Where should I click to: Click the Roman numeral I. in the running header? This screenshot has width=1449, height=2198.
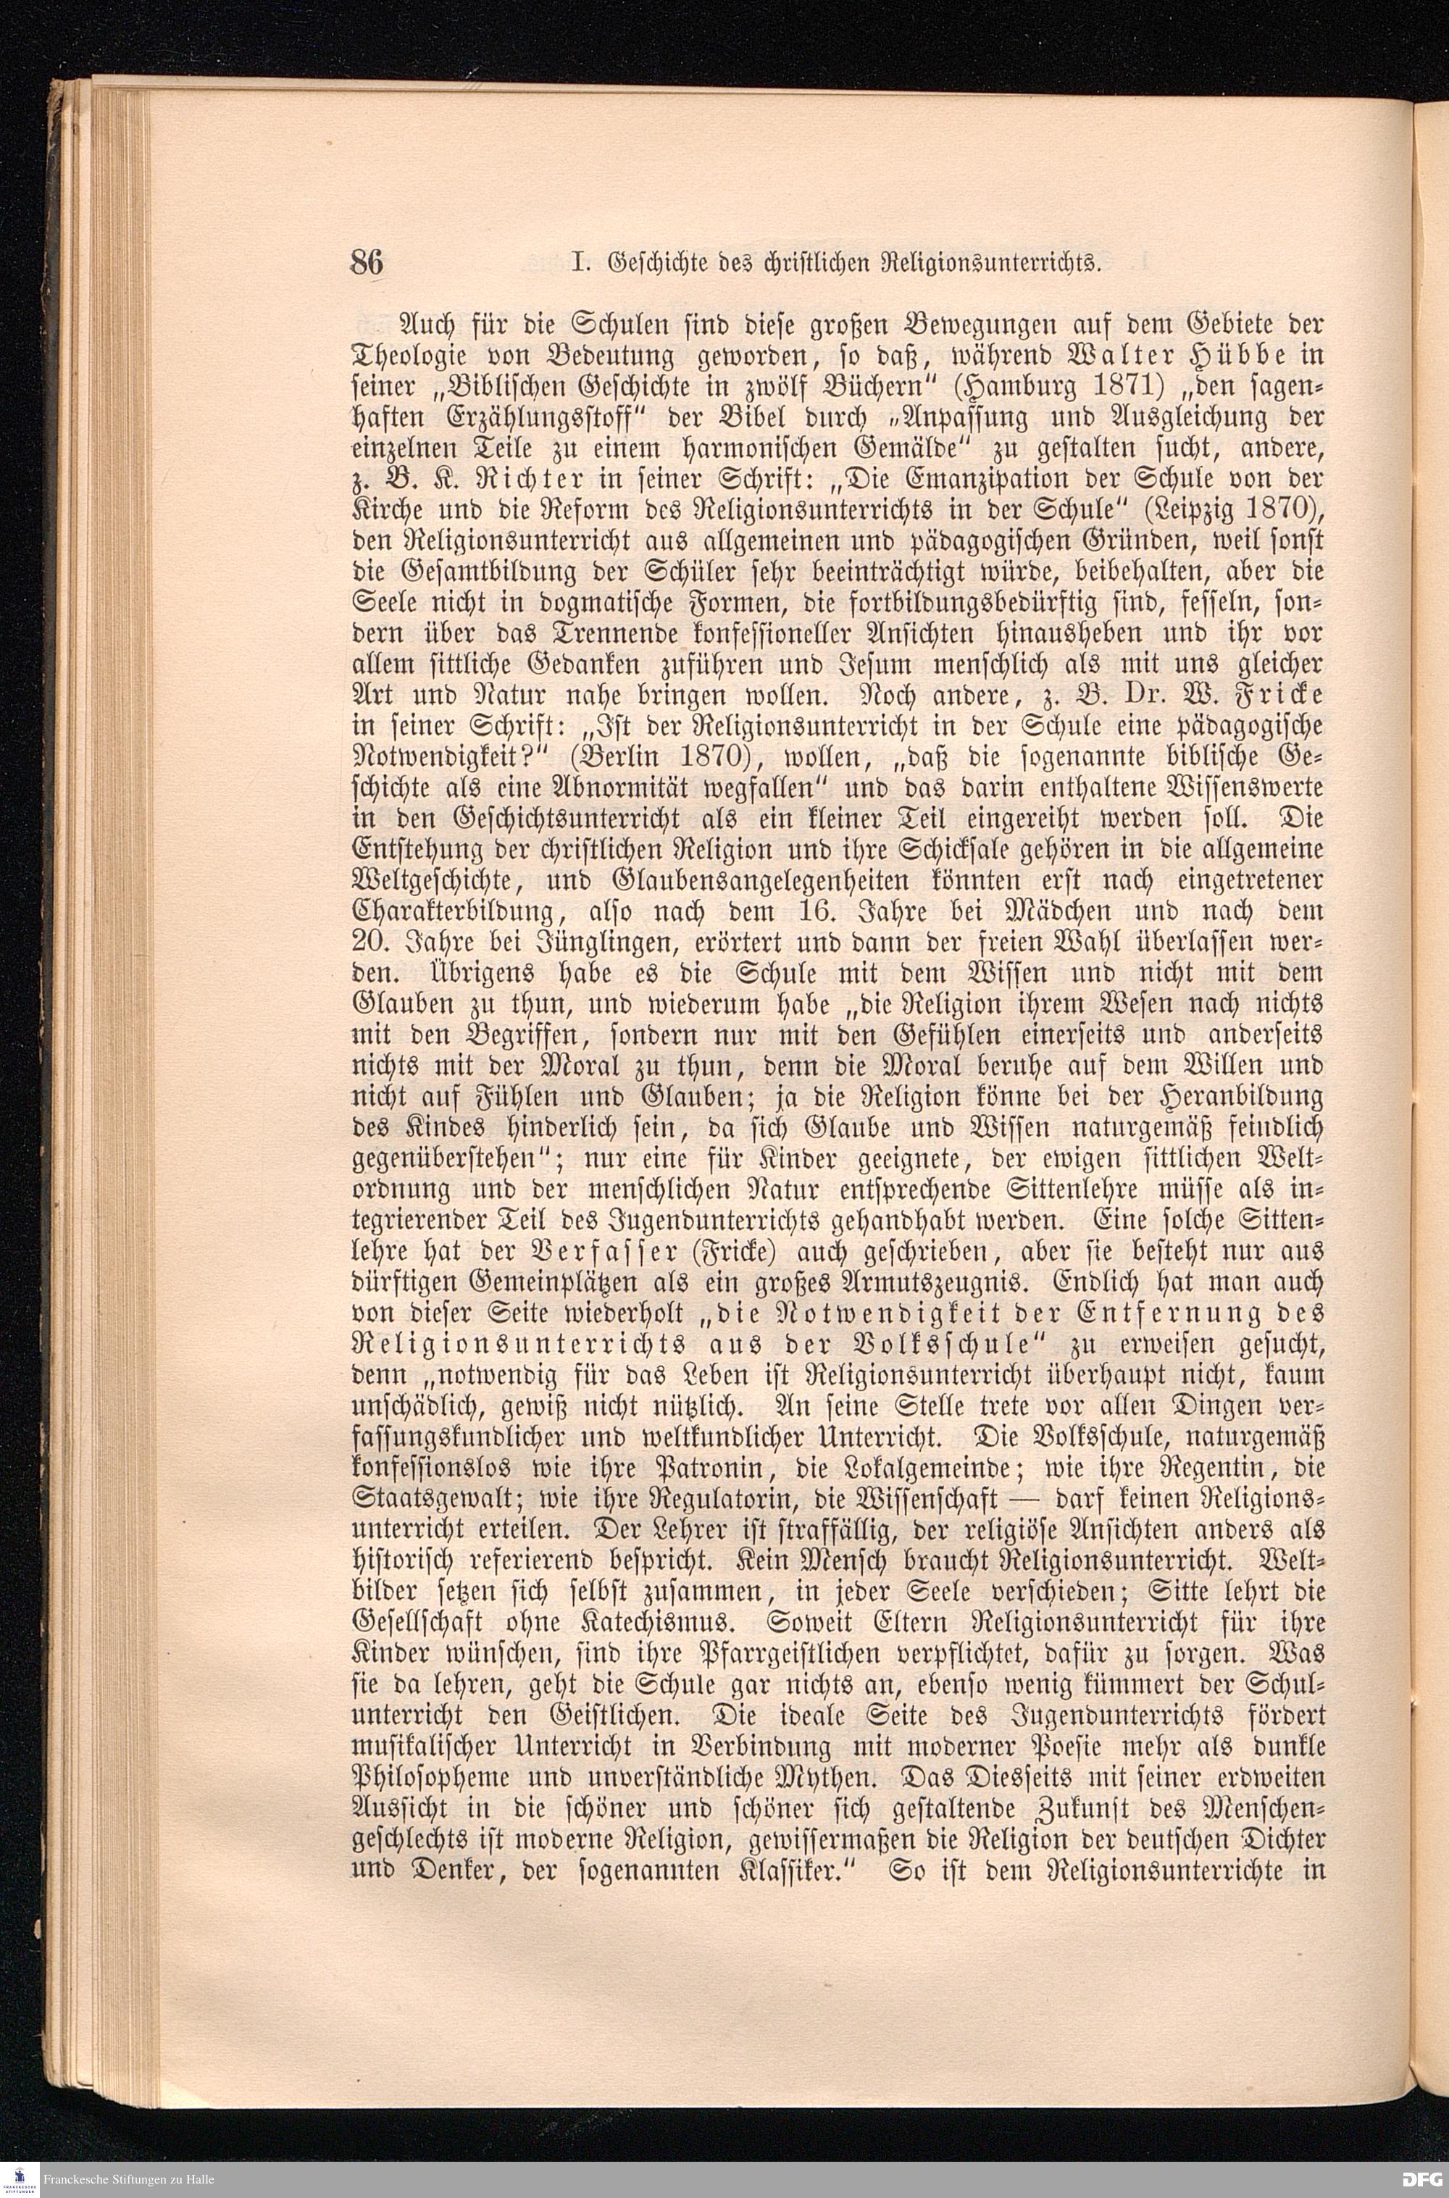pos(580,265)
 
